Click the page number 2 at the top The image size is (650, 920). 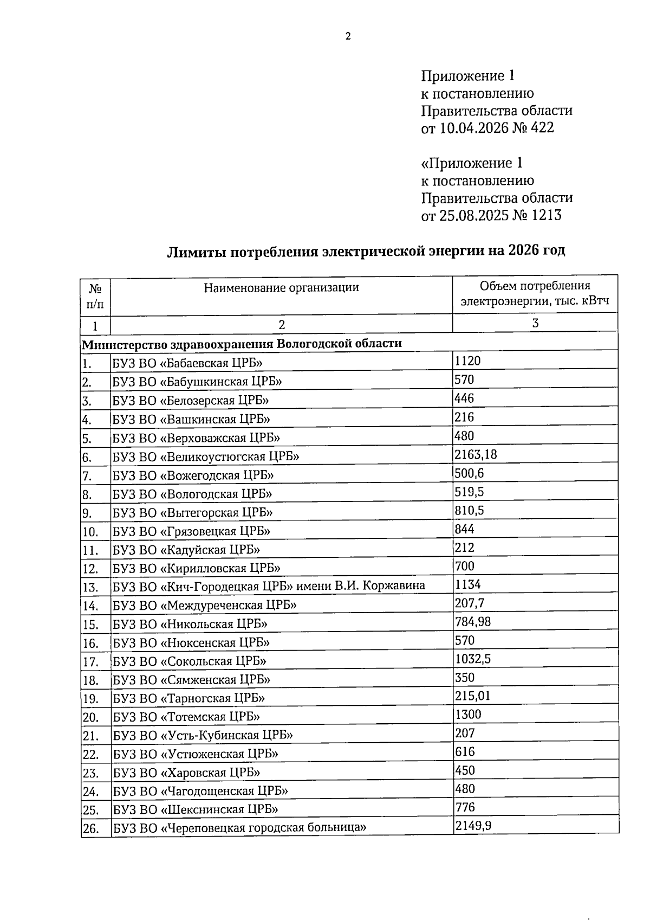(x=348, y=36)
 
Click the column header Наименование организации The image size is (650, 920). (x=281, y=287)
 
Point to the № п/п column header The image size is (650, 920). (x=95, y=295)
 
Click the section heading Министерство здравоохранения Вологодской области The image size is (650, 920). (x=242, y=344)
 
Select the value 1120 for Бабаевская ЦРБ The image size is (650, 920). (x=467, y=361)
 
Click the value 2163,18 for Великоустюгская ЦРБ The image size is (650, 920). (x=476, y=454)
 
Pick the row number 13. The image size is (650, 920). (x=90, y=587)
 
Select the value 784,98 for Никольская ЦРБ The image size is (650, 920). (x=473, y=621)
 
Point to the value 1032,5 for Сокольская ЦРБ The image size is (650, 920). (x=473, y=659)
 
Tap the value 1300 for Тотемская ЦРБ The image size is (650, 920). (x=468, y=715)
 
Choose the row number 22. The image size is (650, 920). (x=90, y=755)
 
